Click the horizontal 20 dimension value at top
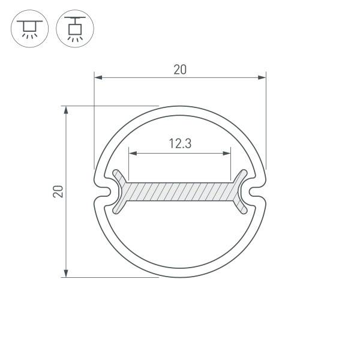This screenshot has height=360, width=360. [180, 70]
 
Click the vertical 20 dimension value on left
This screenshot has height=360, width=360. [58, 191]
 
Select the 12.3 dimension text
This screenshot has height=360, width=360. [180, 143]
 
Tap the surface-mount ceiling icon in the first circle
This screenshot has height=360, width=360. [29, 29]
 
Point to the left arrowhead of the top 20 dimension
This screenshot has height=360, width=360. [98, 77]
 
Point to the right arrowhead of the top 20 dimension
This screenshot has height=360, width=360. [262, 77]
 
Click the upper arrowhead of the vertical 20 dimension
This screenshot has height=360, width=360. [66, 110]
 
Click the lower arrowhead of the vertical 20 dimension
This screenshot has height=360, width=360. [66, 273]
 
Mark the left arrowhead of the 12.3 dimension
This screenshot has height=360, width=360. [133, 153]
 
